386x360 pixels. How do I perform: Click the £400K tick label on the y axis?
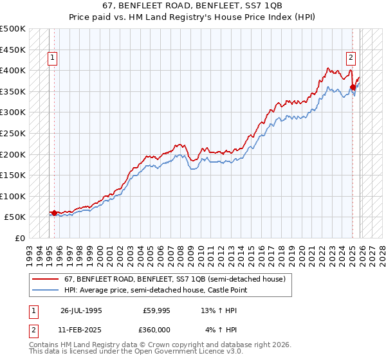tap(13, 70)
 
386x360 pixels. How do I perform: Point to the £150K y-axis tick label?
tap(13, 175)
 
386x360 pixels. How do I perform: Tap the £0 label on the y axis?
tap(19, 238)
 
